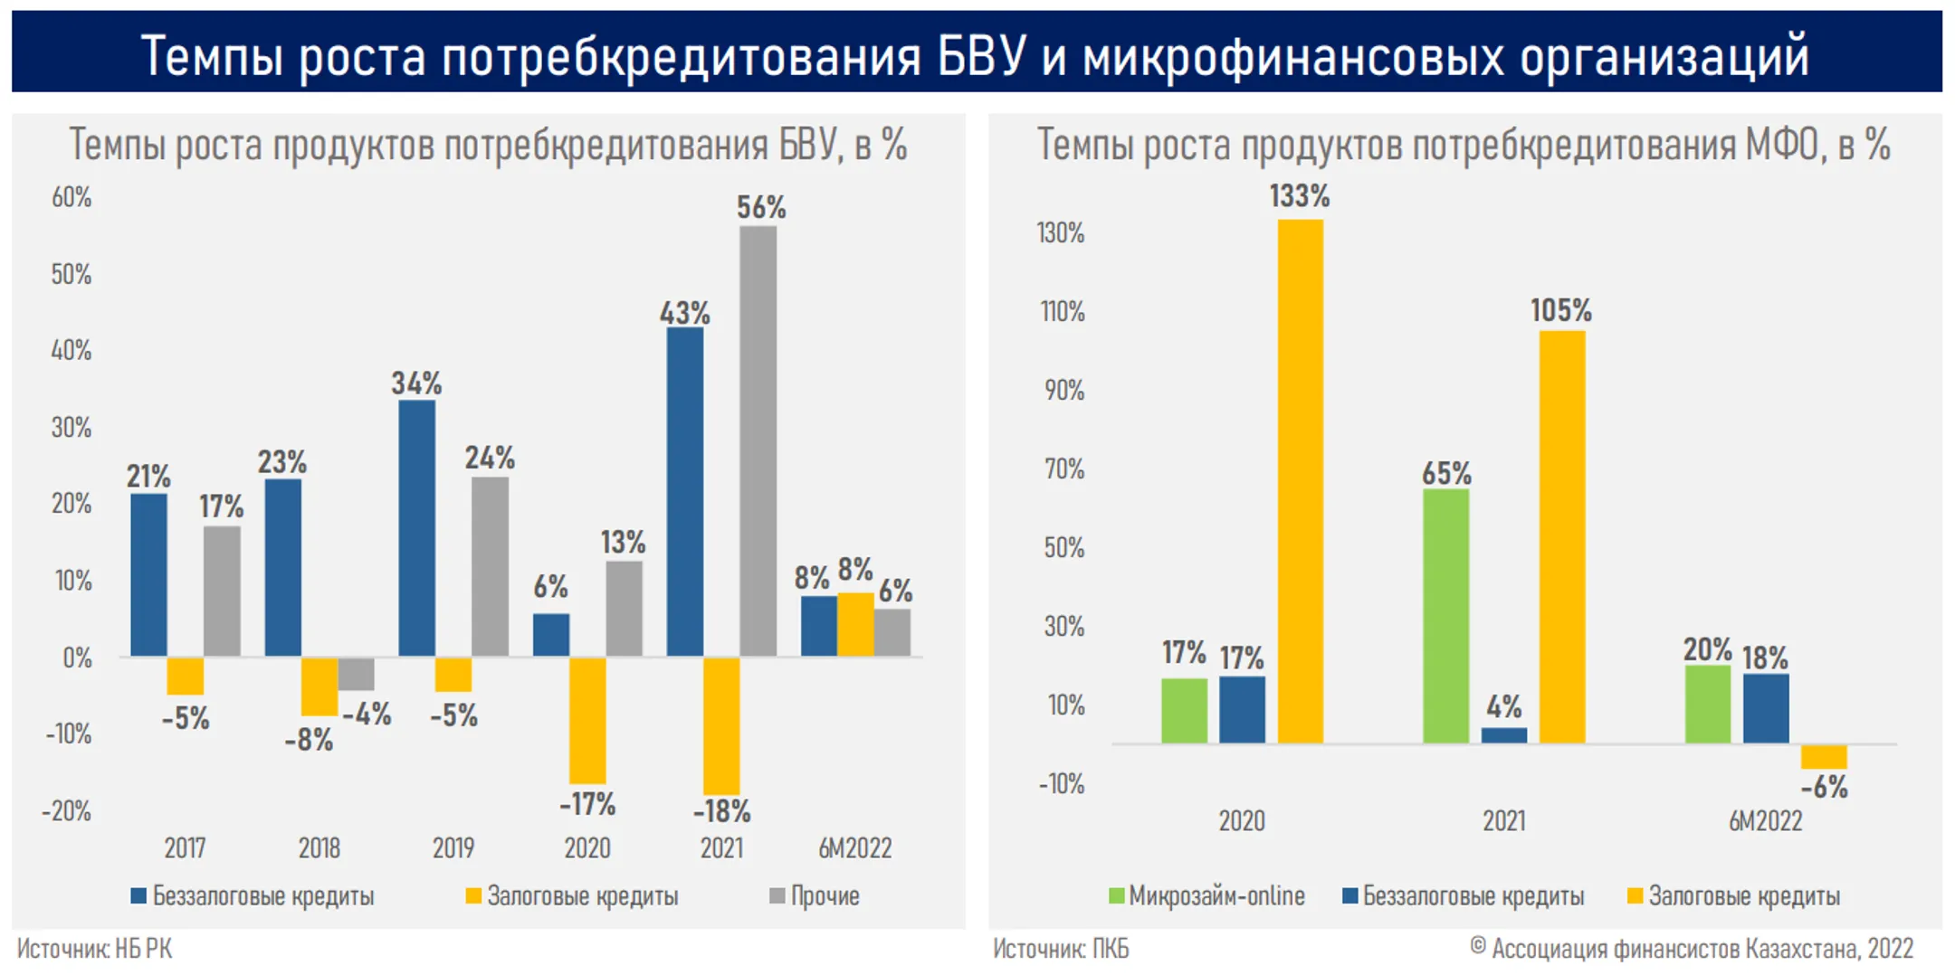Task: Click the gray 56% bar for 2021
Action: (758, 440)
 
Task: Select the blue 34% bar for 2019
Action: (416, 527)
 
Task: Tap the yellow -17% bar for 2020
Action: (587, 720)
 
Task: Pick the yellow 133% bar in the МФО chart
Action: (1301, 481)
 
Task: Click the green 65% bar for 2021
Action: (1445, 616)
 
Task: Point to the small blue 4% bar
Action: (1504, 735)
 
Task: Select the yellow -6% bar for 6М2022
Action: (1824, 757)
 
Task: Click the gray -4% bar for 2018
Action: (356, 674)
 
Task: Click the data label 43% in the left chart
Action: (684, 314)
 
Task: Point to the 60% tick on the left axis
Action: (72, 197)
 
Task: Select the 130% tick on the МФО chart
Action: (1061, 233)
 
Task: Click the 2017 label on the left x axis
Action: (185, 847)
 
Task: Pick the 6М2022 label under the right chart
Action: (1765, 820)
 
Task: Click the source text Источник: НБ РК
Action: (94, 949)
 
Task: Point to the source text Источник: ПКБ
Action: (1061, 949)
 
